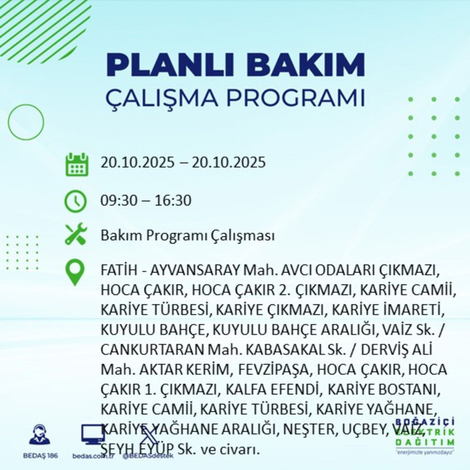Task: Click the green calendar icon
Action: pyautogui.click(x=77, y=164)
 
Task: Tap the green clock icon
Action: pyautogui.click(x=76, y=201)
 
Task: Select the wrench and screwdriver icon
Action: pyautogui.click(x=76, y=234)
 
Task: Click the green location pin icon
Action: pyautogui.click(x=76, y=272)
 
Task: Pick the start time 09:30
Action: pyautogui.click(x=117, y=201)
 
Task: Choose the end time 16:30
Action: pyautogui.click(x=175, y=201)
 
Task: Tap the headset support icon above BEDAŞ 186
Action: pyautogui.click(x=39, y=435)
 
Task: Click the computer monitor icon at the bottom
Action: pyautogui.click(x=92, y=434)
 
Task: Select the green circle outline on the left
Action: pyautogui.click(x=26, y=122)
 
